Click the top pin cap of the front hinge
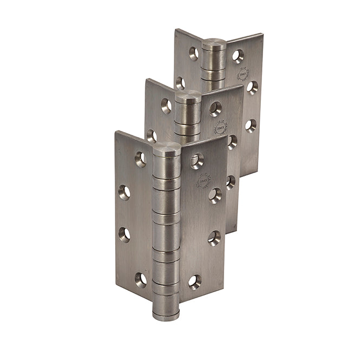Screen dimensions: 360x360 166,150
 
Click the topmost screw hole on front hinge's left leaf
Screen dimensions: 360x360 141,159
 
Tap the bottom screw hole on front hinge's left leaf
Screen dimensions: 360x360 141,279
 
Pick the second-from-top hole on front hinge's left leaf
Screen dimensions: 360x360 125,192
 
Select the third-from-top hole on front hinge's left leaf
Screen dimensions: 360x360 125,234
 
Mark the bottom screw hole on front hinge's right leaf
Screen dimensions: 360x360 195,281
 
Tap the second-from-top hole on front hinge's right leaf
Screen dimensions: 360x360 215,195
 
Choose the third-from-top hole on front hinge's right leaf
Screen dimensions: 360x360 214,237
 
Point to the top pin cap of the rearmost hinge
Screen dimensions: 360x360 214,44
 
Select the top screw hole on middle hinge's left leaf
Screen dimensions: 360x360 166,106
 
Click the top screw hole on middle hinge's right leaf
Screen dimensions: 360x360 215,109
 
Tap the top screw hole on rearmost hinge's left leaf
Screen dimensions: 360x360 194,53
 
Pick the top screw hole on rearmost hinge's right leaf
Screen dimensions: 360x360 238,55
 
